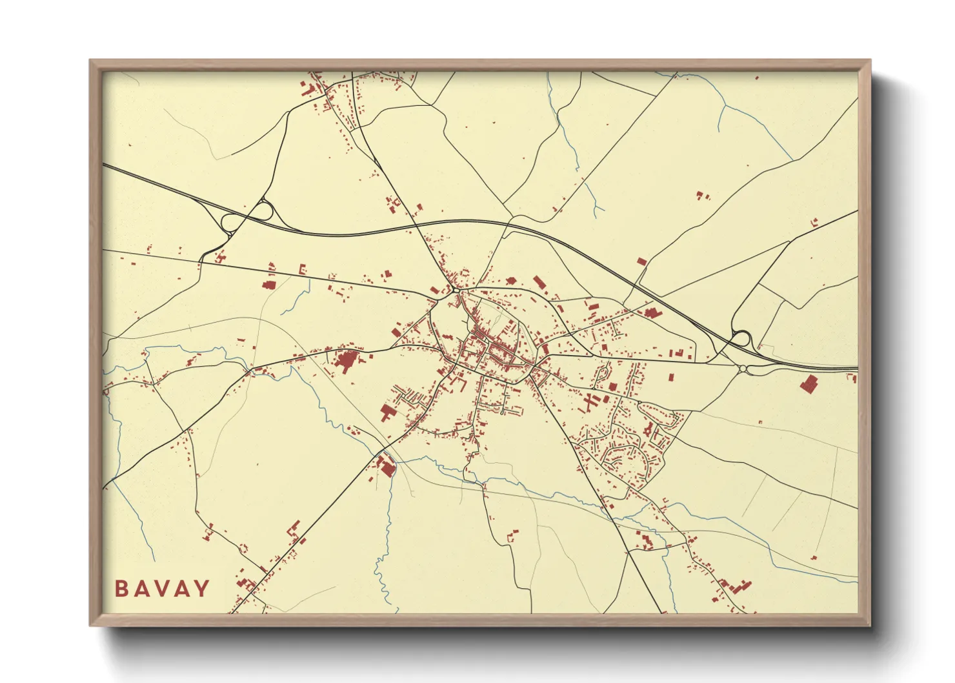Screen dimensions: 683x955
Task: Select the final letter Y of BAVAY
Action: pyautogui.click(x=203, y=589)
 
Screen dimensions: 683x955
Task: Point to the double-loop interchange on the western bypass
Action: pyautogui.click(x=245, y=216)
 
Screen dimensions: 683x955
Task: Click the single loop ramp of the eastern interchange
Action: pyautogui.click(x=741, y=338)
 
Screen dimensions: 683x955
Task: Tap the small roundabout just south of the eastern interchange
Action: pyautogui.click(x=743, y=369)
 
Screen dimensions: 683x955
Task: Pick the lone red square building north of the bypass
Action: pyautogui.click(x=641, y=261)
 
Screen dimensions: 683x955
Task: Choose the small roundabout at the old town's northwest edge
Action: pyautogui.click(x=456, y=291)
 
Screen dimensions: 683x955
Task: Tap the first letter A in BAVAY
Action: pyautogui.click(x=141, y=589)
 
